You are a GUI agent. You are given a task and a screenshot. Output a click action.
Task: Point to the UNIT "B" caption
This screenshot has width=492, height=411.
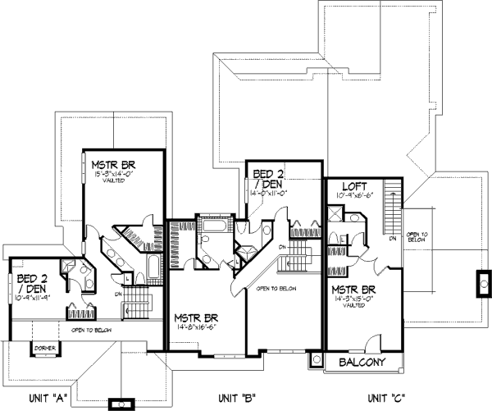pos(235,398)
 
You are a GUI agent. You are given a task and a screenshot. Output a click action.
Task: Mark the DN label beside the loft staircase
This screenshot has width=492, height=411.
pos(394,238)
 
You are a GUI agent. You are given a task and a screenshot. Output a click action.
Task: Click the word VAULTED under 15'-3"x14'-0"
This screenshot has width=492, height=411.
pos(115,183)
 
